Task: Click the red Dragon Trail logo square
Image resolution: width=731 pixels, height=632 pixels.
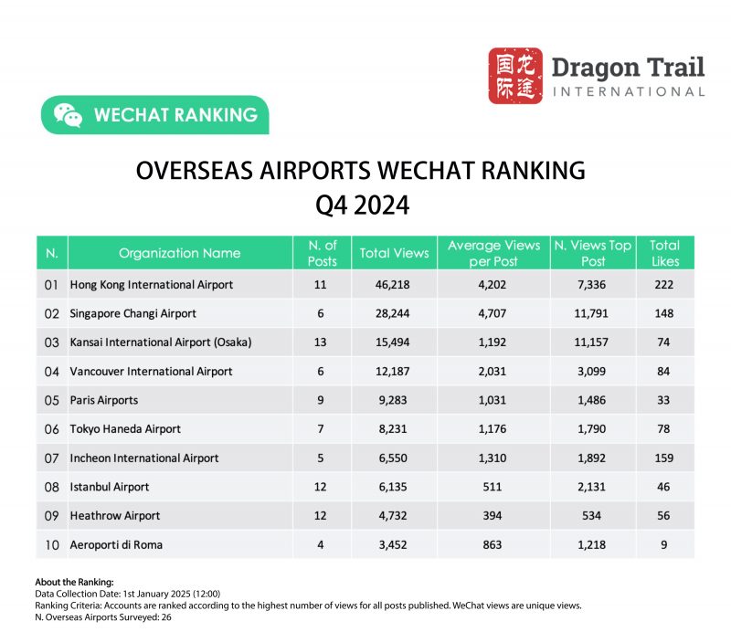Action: (515, 76)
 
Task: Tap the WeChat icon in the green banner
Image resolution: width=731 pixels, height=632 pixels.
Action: (68, 115)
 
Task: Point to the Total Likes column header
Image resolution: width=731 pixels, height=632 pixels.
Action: (664, 253)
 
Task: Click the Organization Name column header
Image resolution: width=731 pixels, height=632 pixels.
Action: (180, 253)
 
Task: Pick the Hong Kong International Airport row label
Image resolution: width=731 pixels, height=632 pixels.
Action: (152, 285)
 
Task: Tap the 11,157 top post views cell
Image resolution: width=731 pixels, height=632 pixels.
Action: (594, 342)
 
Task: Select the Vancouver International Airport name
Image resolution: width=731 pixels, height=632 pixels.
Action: (152, 372)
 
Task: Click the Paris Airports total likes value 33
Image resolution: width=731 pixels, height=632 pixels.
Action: (664, 400)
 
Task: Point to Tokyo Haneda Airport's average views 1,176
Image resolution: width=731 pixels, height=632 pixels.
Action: (493, 429)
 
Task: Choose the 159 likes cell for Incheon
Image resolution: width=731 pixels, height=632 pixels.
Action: (664, 458)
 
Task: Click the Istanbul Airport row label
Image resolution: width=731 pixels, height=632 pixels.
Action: (110, 487)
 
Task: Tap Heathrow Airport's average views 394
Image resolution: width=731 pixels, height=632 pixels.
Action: (493, 515)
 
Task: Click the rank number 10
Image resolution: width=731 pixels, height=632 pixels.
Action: (52, 544)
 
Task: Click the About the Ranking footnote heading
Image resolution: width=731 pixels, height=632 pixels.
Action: (74, 582)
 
